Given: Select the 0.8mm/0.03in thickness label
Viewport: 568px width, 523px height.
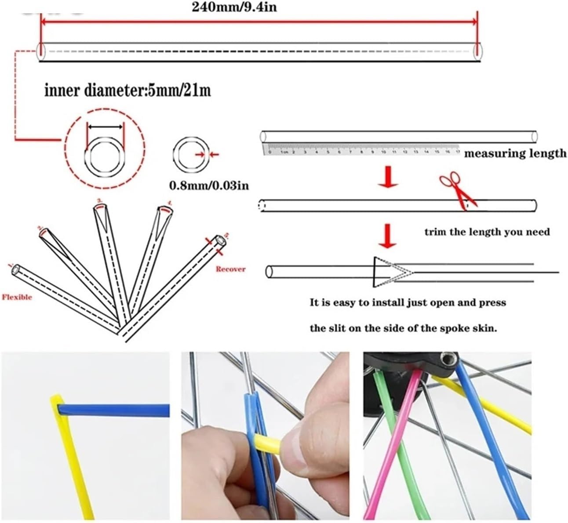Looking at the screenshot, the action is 209,185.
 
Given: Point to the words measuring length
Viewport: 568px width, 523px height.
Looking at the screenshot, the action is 515,153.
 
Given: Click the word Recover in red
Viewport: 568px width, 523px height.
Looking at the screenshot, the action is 230,269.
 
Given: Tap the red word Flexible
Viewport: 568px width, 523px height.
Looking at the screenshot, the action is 17,297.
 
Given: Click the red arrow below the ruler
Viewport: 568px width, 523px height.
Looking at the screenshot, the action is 388,176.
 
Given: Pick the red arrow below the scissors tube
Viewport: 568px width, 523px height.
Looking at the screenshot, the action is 388,236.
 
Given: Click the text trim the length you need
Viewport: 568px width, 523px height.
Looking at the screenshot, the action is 487,232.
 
